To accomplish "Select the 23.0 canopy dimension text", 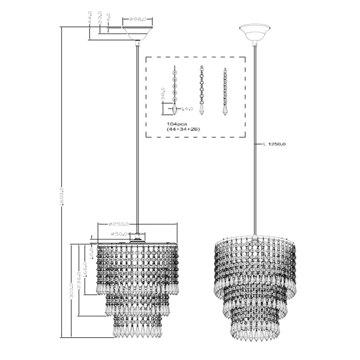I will coord(100,20).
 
